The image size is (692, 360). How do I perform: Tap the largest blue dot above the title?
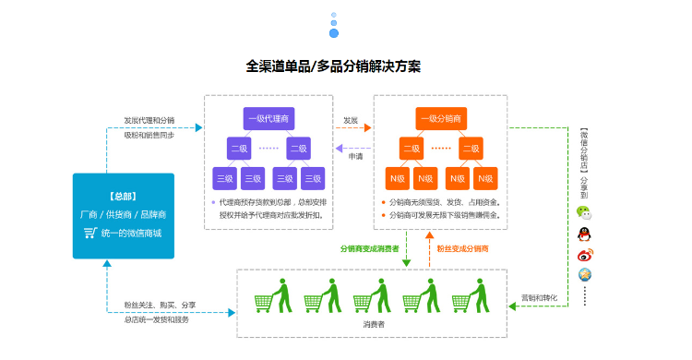pyautogui.click(x=334, y=33)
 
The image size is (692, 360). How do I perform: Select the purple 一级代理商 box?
pyautogui.click(x=268, y=118)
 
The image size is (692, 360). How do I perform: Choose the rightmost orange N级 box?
pyautogui.click(x=485, y=177)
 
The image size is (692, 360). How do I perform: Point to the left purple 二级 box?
pyautogui.click(x=239, y=148)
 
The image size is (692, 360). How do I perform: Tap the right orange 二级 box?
pyautogui.click(x=471, y=148)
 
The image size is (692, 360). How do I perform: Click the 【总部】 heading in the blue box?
pyautogui.click(x=123, y=196)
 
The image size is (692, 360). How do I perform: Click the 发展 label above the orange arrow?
pyautogui.click(x=351, y=120)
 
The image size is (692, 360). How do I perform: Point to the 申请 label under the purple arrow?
pyautogui.click(x=354, y=156)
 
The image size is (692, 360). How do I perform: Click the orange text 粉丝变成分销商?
pyautogui.click(x=462, y=248)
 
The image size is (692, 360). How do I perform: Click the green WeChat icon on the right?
pyautogui.click(x=584, y=211)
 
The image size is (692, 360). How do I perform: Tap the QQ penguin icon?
pyautogui.click(x=584, y=233)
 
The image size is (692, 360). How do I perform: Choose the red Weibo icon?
pyautogui.click(x=584, y=255)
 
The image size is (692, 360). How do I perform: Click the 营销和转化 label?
pyautogui.click(x=539, y=297)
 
